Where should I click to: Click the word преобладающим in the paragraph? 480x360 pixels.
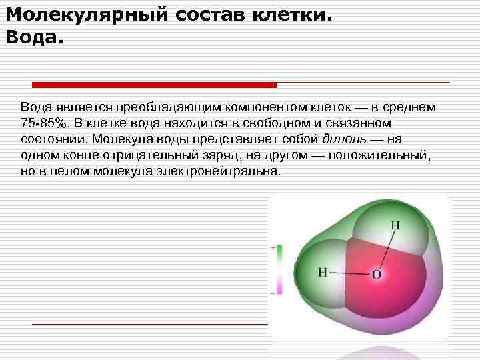point(167,107)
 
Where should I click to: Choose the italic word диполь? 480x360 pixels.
point(343,139)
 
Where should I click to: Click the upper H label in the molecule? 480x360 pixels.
point(395,225)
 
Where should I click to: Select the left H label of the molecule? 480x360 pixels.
point(323,272)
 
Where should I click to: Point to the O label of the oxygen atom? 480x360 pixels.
point(377,274)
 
